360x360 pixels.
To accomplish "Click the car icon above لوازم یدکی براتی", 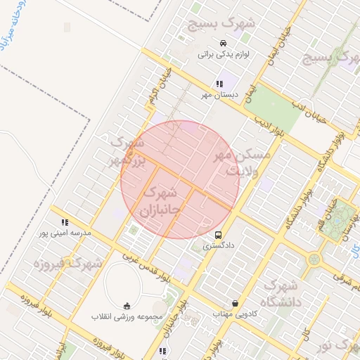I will point(223,42).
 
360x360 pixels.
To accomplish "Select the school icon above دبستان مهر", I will point(219,84).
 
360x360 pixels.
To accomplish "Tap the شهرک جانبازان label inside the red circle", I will point(162,200).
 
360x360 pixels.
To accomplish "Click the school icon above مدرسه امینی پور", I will point(65,222).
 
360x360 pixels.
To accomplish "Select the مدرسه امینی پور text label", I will point(63,233).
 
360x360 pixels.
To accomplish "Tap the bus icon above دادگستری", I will point(219,235).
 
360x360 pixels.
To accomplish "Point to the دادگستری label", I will point(218,246).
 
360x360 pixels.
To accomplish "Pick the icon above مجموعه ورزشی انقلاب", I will point(127,305).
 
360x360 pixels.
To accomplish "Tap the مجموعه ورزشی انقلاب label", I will point(127,316).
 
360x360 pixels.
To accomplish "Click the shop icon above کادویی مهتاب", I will point(235,304).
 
